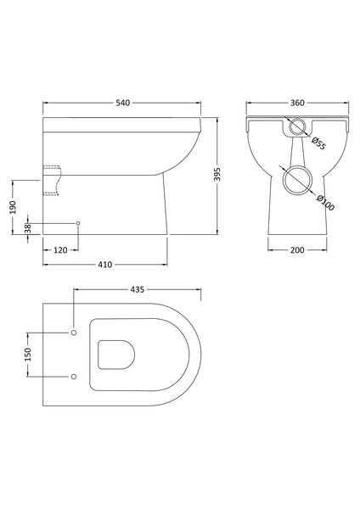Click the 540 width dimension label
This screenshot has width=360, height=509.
tap(122, 103)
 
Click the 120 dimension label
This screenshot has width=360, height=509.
tap(60, 251)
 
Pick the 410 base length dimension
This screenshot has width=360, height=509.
tap(104, 265)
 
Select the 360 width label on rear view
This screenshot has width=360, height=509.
tap(296, 103)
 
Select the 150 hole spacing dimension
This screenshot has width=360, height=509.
tap(28, 353)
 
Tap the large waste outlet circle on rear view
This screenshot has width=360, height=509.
tap(297, 181)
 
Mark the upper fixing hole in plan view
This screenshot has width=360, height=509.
tap(74, 331)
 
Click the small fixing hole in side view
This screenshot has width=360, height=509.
tap(79, 224)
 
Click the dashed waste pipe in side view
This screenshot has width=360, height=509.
tap(53, 179)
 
